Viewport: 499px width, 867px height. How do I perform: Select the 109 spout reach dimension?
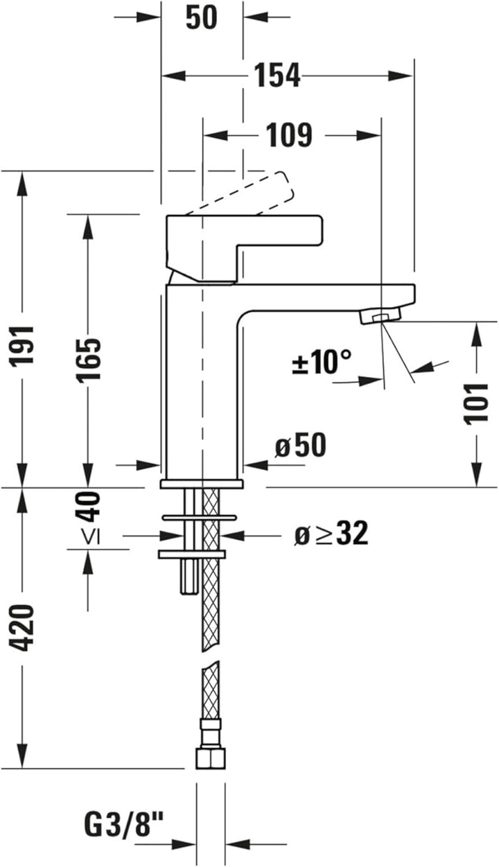pos(289,135)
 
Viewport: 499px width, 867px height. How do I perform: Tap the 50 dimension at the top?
pos(201,18)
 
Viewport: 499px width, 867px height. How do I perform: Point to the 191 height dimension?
pos(24,345)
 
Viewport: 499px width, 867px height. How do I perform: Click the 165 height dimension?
pos(89,359)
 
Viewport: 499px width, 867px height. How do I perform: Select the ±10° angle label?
pos(322,362)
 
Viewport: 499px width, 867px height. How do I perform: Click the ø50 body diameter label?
pos(300,447)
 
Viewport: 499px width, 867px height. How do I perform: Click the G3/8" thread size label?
pos(125,825)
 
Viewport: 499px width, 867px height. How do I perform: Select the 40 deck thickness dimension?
pos(89,506)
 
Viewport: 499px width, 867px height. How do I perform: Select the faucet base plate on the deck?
pos(202,483)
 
